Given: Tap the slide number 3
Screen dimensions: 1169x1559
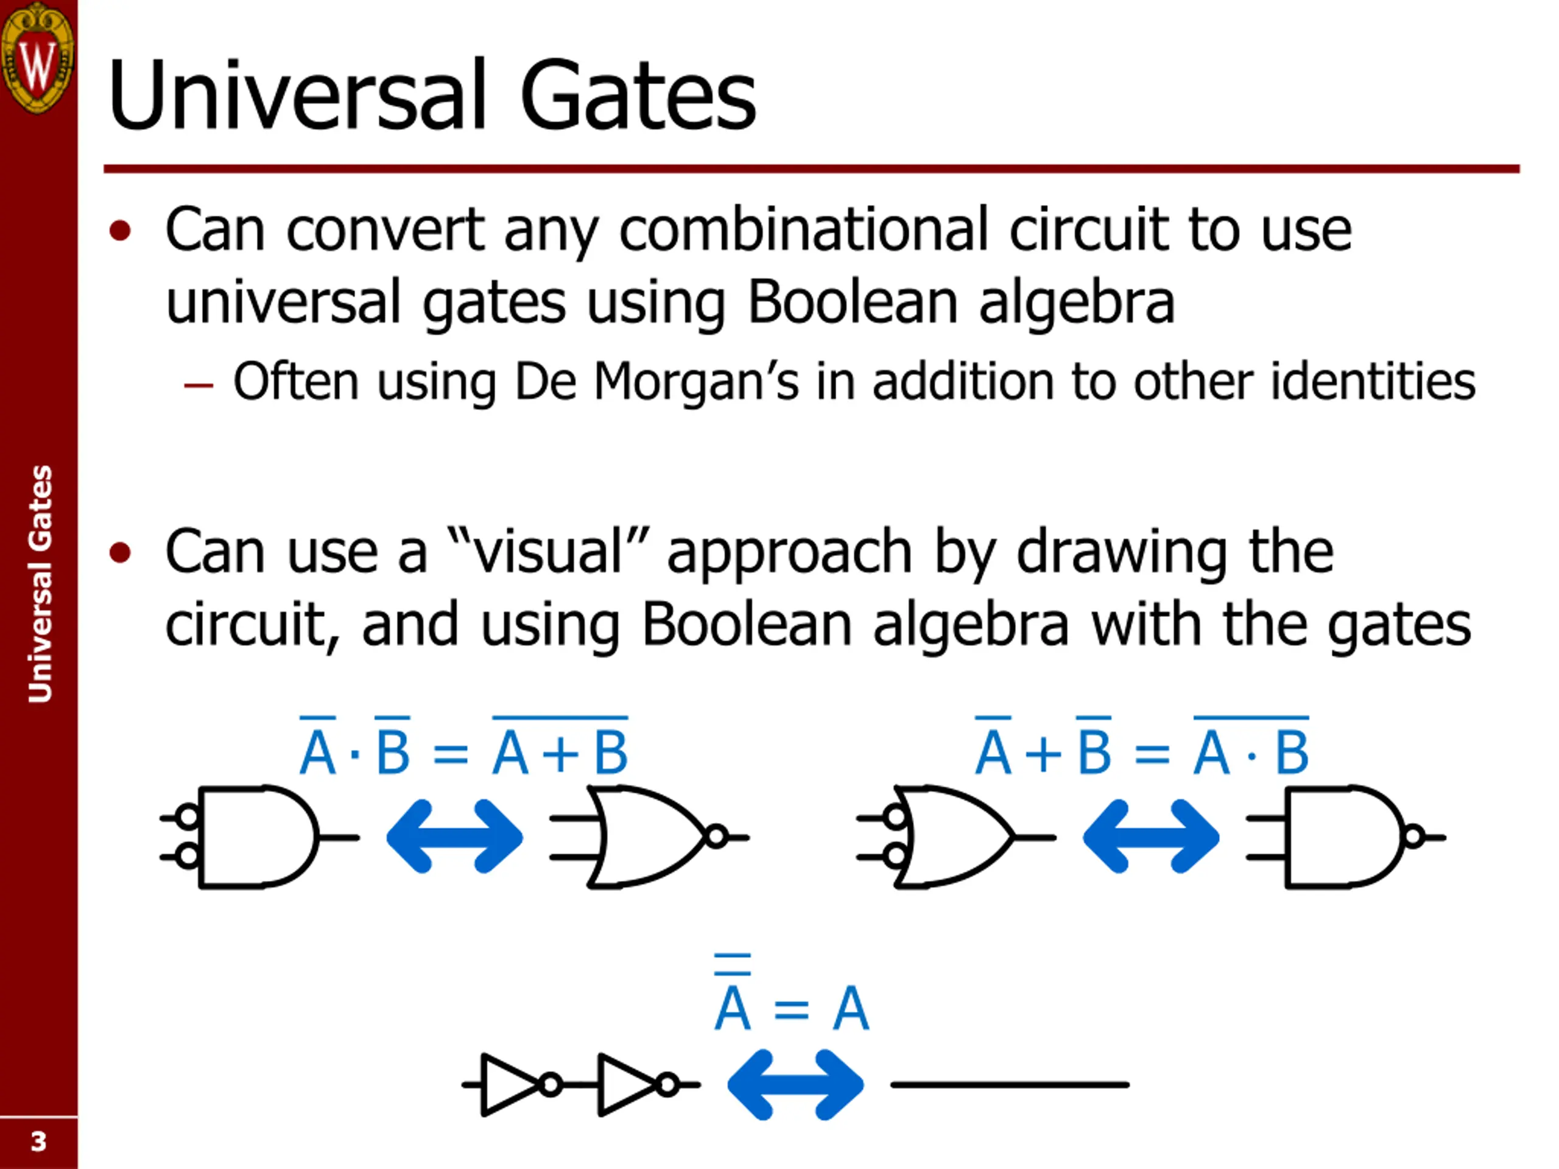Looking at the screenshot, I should tap(38, 1141).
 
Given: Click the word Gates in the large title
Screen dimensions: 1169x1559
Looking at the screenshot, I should tap(637, 95).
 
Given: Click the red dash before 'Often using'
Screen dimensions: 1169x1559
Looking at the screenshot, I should tap(198, 385).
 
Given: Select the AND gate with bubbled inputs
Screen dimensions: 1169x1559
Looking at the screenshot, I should tap(257, 837).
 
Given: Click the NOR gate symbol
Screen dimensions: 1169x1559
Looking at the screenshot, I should tap(645, 837).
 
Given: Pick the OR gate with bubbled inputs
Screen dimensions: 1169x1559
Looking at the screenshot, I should tap(955, 837).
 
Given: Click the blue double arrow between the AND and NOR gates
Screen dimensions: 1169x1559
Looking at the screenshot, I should tap(454, 837).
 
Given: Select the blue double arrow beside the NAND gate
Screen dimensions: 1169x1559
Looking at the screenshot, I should tap(1151, 837).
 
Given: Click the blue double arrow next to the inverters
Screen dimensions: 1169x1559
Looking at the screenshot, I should tap(795, 1084).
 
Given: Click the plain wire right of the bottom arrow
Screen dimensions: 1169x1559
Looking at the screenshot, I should tap(1009, 1084).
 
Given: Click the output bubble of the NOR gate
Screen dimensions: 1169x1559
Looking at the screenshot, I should tap(717, 837).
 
